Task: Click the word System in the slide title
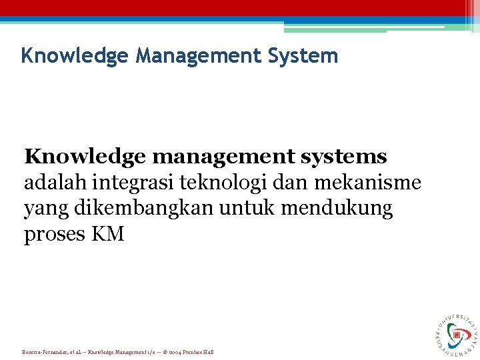305,55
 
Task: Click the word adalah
56,183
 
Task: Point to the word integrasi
132,183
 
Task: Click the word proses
51,235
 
